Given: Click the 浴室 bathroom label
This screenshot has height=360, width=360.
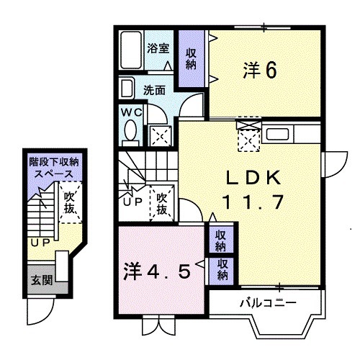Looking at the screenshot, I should click(158, 49).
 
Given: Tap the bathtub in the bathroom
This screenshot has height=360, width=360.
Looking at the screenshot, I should click(131, 52).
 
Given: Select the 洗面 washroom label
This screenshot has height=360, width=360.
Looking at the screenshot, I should click(154, 91).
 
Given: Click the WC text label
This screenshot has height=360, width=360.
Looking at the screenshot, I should click(130, 112).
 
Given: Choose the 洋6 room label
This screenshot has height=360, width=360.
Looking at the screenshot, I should click(260, 71).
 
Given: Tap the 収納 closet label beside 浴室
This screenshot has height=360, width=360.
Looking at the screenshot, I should click(191, 58).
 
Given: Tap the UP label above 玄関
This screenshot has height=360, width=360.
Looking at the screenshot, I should click(40, 243).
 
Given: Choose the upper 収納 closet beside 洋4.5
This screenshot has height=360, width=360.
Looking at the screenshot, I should click(222, 239).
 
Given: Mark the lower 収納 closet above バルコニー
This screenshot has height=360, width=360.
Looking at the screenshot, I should click(222, 269).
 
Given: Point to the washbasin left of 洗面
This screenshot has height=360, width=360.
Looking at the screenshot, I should click(127, 90).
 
